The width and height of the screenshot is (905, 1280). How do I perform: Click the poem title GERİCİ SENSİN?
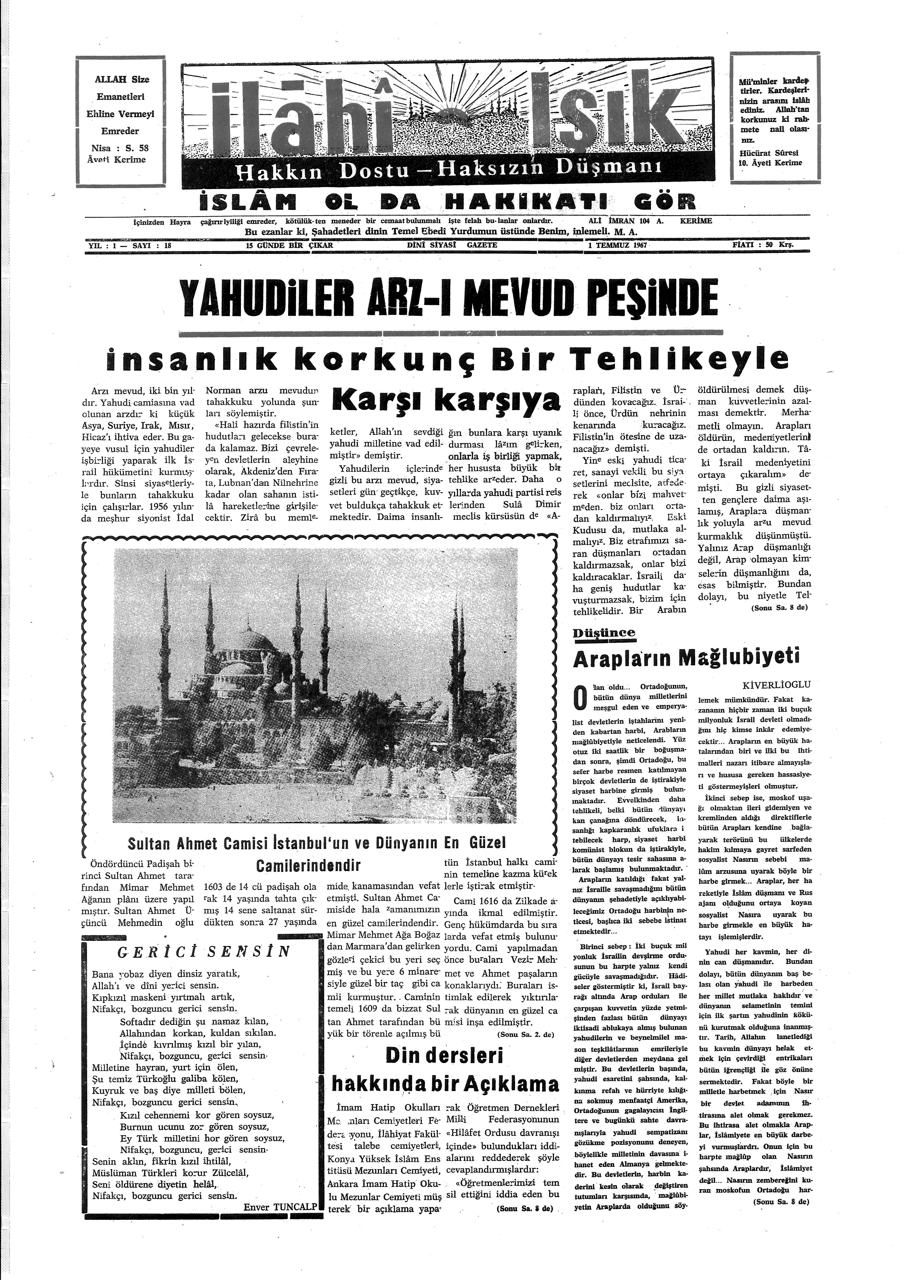coord(204,951)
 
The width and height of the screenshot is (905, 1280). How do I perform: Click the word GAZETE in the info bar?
coord(483,245)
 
